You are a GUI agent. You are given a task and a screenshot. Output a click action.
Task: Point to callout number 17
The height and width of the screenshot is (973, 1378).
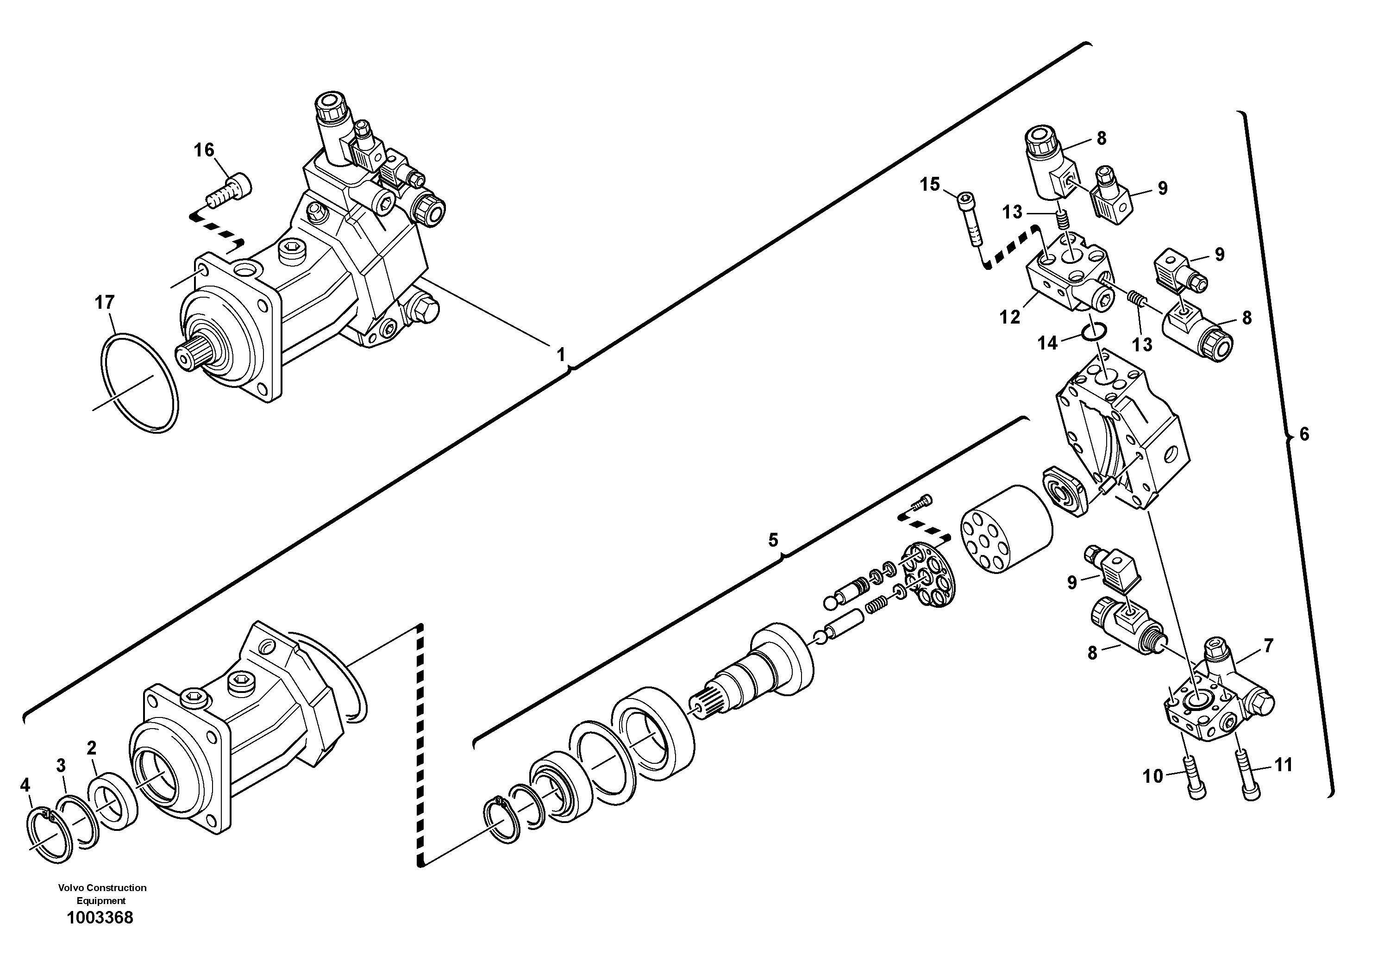105,302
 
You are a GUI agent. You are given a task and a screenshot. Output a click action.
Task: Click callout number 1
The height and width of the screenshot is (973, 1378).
561,355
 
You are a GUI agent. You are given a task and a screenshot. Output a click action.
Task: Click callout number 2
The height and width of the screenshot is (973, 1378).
91,748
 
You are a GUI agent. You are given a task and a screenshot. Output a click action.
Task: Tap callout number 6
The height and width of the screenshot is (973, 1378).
1303,434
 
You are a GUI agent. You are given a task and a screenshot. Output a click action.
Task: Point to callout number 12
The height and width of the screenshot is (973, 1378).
1010,317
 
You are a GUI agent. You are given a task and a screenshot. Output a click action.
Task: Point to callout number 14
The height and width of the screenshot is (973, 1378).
1048,343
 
